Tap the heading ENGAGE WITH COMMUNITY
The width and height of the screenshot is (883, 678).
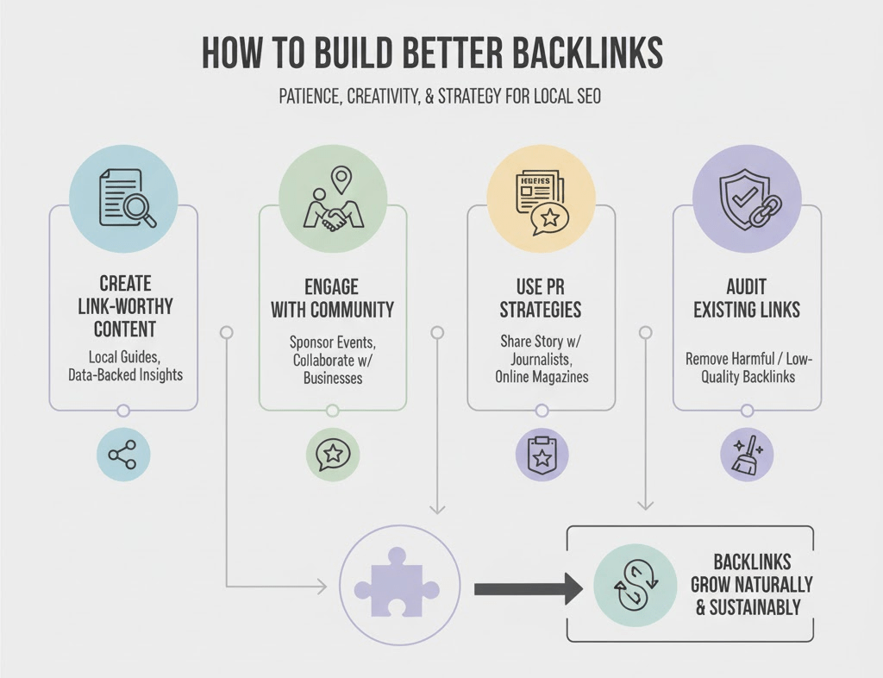point(332,298)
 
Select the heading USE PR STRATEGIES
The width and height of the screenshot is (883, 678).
point(541,298)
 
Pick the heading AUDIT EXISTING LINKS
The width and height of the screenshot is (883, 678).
point(747,298)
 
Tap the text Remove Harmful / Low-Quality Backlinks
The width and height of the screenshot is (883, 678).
point(747,367)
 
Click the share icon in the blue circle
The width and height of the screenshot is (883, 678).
point(123,454)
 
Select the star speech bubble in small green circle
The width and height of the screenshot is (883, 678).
point(332,454)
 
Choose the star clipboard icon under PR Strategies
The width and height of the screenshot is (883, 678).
point(541,455)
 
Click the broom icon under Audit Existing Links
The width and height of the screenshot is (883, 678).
point(747,455)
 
